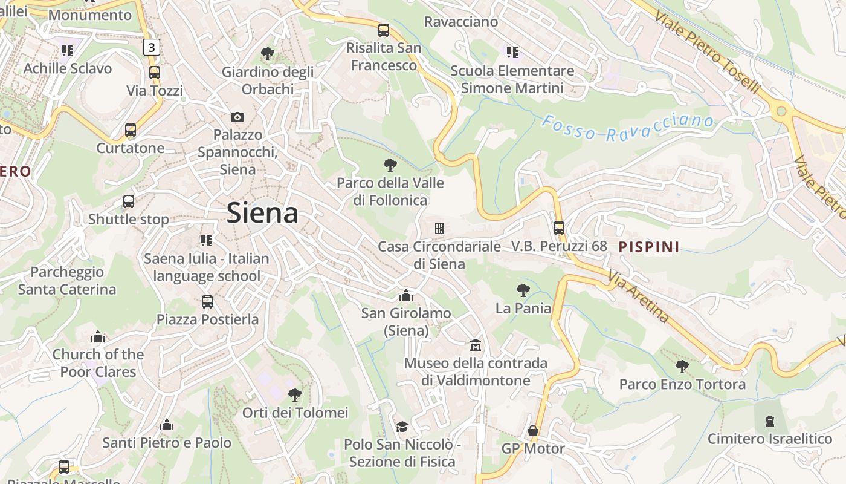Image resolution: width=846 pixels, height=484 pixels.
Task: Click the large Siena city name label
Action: [262, 214]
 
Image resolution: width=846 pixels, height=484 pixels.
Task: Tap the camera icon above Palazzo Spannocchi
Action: [237, 117]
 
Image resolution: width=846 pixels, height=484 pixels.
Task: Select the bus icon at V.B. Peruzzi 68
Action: [559, 228]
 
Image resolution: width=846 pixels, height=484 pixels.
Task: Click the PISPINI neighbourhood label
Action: [649, 247]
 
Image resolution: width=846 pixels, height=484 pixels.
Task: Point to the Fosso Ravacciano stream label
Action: [627, 128]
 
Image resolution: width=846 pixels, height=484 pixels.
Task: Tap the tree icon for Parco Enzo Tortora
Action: [682, 366]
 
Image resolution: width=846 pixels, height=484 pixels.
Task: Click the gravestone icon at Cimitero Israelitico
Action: [770, 420]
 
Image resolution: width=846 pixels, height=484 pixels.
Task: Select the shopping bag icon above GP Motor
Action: [532, 431]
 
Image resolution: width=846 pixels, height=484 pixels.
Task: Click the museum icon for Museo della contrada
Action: [476, 345]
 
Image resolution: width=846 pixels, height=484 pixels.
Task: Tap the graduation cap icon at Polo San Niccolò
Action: [402, 427]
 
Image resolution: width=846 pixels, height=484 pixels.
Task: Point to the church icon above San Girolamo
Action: [406, 295]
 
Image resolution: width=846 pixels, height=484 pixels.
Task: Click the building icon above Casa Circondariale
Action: [439, 228]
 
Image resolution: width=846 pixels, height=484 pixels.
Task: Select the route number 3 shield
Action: [151, 47]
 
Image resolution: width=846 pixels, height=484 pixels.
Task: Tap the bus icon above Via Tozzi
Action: [155, 73]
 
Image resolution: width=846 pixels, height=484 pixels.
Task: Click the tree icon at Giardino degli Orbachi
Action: [267, 54]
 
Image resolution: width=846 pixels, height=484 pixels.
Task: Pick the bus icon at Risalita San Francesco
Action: [384, 30]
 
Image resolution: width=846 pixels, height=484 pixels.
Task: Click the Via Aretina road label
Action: [639, 296]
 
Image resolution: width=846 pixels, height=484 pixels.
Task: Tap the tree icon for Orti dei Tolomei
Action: [295, 395]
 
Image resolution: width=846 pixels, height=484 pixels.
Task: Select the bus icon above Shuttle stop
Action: [129, 201]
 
